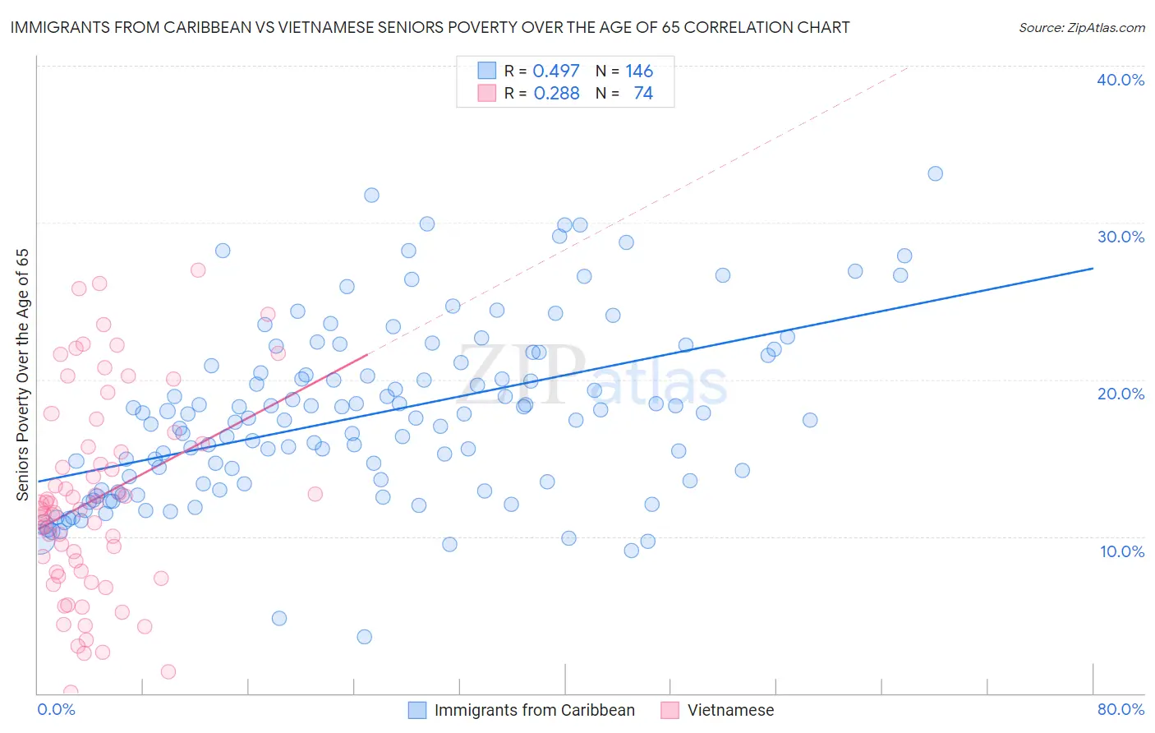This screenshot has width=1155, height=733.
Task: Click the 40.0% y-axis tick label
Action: pyautogui.click(x=1120, y=80)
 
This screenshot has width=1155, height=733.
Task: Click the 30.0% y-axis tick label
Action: pyautogui.click(x=1120, y=237)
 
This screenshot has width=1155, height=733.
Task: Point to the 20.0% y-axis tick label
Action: pyautogui.click(x=1120, y=394)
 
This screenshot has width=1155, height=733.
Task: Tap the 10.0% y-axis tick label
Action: pyautogui.click(x=1122, y=551)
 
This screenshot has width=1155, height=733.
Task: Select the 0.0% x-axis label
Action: pyautogui.click(x=56, y=709)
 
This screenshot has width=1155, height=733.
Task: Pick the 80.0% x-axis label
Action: pyautogui.click(x=1120, y=709)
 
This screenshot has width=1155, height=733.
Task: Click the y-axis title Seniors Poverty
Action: pyautogui.click(x=22, y=375)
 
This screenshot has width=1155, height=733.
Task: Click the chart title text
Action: pyautogui.click(x=430, y=27)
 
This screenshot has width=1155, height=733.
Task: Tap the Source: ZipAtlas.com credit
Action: pyautogui.click(x=1081, y=27)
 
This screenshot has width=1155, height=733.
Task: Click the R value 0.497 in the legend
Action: pyautogui.click(x=556, y=71)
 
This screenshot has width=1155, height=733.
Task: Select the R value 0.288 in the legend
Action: pyautogui.click(x=556, y=94)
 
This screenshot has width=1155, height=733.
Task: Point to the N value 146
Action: pyautogui.click(x=638, y=71)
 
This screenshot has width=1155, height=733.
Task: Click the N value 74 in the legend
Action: pyautogui.click(x=643, y=94)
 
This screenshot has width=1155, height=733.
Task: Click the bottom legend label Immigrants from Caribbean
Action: pyautogui.click(x=534, y=710)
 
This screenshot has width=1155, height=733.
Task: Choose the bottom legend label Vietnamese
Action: pyautogui.click(x=730, y=710)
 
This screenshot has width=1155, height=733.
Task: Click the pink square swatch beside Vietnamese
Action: pyautogui.click(x=670, y=710)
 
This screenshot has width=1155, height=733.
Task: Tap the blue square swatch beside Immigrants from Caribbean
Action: pyautogui.click(x=417, y=710)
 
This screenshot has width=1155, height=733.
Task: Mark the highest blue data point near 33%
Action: pyautogui.click(x=935, y=173)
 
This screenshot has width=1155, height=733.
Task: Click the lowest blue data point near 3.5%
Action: pyautogui.click(x=365, y=637)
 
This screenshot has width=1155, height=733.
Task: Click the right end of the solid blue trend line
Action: pyautogui.click(x=1093, y=268)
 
